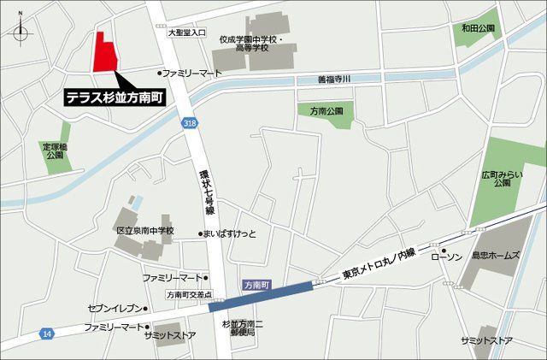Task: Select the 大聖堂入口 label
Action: click(186, 32)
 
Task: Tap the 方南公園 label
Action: click(326, 111)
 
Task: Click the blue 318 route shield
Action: click(189, 124)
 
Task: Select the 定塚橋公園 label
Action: click(56, 151)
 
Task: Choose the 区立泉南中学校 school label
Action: click(144, 231)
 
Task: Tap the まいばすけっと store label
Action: click(230, 233)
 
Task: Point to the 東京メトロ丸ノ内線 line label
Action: click(380, 264)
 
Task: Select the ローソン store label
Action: click(446, 257)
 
